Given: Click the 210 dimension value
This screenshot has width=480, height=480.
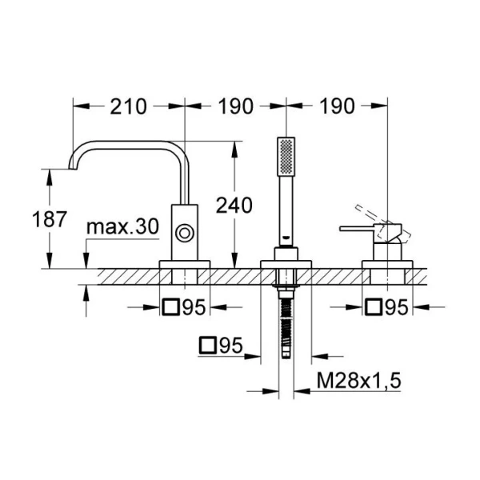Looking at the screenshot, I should (x=128, y=106).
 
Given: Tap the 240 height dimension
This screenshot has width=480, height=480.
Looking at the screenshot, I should (x=234, y=205).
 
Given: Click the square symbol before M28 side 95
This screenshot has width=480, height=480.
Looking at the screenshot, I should (x=208, y=346).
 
